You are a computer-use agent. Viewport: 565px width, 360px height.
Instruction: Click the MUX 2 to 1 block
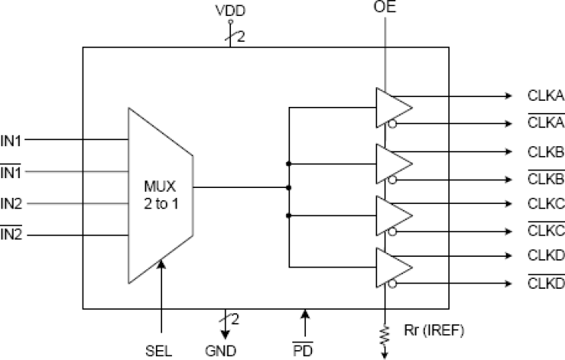point(161,193)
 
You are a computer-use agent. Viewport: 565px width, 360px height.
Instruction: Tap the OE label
point(385,8)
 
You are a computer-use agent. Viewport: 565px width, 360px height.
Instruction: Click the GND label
point(221,351)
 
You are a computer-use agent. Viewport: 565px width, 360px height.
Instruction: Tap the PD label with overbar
point(304,351)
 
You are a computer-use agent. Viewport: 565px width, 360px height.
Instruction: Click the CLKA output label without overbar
point(545,96)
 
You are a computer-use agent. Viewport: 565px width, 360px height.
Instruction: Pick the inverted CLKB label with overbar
point(545,180)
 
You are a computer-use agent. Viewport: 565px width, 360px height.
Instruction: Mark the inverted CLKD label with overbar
point(545,283)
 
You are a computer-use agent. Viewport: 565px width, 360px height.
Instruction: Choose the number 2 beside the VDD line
point(241,35)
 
